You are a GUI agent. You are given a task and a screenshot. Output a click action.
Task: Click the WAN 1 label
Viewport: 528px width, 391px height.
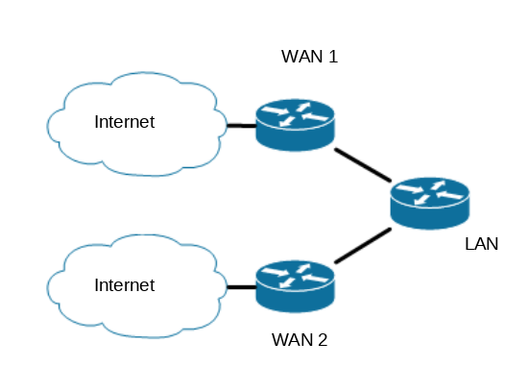pyautogui.click(x=309, y=57)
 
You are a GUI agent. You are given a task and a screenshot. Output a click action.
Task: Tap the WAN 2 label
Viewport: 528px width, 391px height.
pyautogui.click(x=300, y=340)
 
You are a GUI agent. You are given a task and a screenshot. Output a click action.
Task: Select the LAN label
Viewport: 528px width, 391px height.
pyautogui.click(x=482, y=244)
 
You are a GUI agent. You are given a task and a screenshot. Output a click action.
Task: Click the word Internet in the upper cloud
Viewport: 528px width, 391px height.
pyautogui.click(x=125, y=122)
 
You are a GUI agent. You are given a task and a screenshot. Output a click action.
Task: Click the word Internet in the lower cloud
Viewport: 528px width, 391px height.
pyautogui.click(x=125, y=285)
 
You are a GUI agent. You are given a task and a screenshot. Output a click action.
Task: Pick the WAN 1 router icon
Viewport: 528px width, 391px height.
pyautogui.click(x=295, y=126)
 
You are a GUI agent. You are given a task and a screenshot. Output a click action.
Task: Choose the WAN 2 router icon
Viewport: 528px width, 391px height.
pyautogui.click(x=295, y=286)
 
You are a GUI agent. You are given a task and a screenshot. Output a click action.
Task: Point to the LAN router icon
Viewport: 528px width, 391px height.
pyautogui.click(x=430, y=204)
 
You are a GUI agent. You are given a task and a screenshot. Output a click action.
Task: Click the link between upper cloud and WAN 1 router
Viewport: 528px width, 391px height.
pyautogui.click(x=242, y=126)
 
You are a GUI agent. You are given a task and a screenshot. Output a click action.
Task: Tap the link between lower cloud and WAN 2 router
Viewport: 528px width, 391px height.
pyautogui.click(x=242, y=287)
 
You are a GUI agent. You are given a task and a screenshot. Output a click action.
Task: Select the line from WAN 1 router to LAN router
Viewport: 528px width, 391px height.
pyautogui.click(x=363, y=165)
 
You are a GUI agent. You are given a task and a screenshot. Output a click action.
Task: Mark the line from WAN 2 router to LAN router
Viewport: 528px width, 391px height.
pyautogui.click(x=363, y=245)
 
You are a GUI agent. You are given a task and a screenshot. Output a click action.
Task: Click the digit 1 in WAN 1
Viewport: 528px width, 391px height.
pyautogui.click(x=333, y=57)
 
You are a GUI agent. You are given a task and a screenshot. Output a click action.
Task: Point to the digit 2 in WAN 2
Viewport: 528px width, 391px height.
pyautogui.click(x=323, y=340)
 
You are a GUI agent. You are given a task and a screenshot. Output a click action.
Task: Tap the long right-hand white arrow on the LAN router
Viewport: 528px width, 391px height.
pyautogui.click(x=450, y=195)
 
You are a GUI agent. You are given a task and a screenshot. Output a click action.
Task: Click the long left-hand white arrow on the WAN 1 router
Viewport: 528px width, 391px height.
pyautogui.click(x=275, y=110)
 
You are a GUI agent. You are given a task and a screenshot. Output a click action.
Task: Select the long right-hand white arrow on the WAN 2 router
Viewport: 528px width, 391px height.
pyautogui.click(x=315, y=279)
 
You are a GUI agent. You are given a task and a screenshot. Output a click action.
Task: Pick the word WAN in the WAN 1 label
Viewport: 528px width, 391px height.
pyautogui.click(x=302, y=57)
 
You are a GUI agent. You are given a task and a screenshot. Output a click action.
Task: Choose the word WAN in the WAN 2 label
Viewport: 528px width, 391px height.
pyautogui.click(x=292, y=340)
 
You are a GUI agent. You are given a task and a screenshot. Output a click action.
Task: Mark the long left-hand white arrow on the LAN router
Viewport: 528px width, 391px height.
pyautogui.click(x=410, y=188)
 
